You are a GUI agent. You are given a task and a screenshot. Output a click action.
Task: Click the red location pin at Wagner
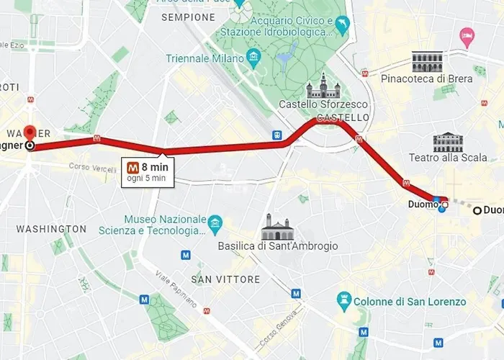point(30,133)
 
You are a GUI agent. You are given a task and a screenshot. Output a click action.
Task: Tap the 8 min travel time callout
point(147,171)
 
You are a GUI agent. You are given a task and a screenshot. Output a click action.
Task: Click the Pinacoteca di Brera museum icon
point(427,62)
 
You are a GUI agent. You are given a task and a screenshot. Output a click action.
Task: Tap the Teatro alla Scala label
point(447,158)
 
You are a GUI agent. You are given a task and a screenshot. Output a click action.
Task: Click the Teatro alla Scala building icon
point(447,142)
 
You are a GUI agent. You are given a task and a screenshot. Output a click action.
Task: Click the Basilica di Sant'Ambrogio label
point(277,246)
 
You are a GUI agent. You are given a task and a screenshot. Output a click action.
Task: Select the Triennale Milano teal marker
point(253,57)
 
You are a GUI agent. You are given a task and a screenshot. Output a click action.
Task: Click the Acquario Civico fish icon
point(341,27)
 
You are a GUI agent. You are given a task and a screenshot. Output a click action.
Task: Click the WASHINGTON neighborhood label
point(51,229)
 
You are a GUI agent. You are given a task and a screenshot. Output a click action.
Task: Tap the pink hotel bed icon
point(467,34)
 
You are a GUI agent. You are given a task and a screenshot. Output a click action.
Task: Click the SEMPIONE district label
point(188,17)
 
